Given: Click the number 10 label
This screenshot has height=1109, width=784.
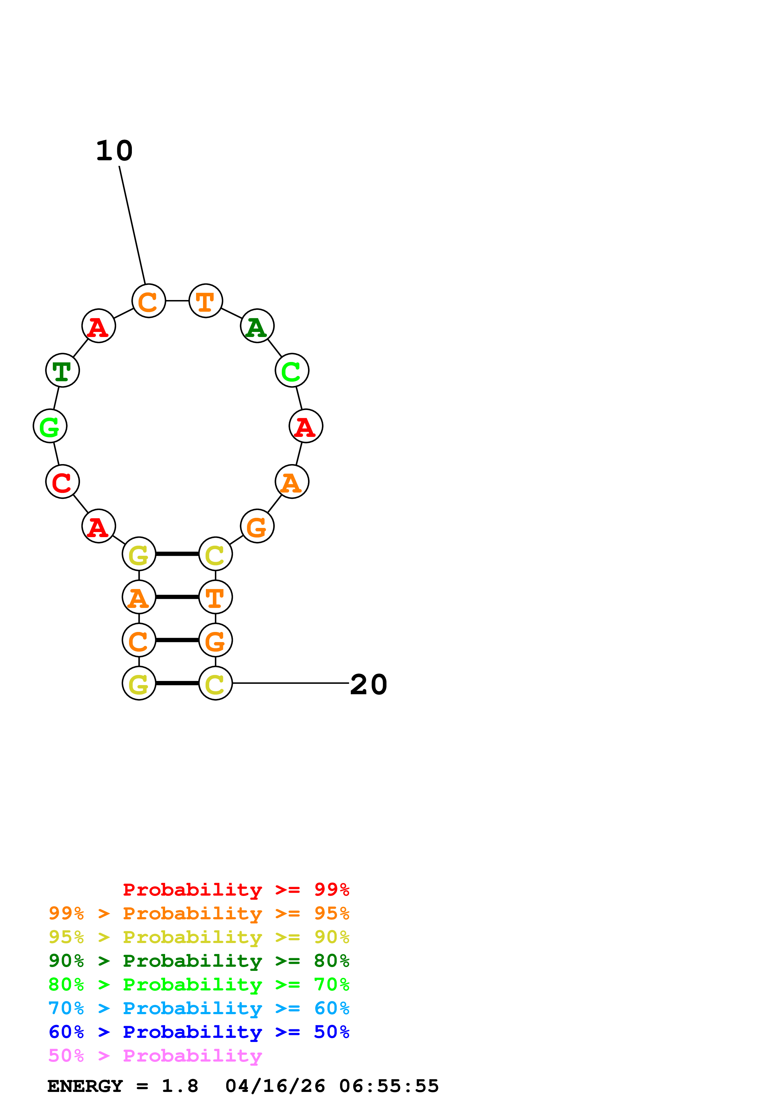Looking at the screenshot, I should tap(114, 151).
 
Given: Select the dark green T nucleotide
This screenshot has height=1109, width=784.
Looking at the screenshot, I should tap(62, 371).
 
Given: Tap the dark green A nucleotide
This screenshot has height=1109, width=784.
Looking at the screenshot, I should tap(257, 326).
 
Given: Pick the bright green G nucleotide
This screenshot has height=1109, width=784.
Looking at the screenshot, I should tap(50, 426).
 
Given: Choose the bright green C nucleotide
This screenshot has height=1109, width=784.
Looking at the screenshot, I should tap(292, 371).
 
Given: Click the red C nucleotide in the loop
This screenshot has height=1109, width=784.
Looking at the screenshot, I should tap(62, 481).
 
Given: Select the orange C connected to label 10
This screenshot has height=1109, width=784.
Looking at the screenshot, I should tap(149, 301).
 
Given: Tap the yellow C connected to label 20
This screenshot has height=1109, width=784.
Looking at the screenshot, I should tap(215, 683).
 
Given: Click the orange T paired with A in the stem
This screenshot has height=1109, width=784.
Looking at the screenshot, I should tap(215, 597).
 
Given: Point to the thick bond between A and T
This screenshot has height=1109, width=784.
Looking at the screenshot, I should tap(177, 597).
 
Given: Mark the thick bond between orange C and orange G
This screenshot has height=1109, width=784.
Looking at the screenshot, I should tap(177, 640).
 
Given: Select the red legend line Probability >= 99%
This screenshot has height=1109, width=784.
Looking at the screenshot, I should tap(236, 890).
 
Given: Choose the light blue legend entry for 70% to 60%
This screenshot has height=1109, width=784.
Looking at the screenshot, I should tap(199, 1008).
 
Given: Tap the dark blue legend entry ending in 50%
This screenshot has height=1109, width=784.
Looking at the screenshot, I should tap(199, 1032).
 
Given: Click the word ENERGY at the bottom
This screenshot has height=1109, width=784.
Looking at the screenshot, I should tap(85, 1086).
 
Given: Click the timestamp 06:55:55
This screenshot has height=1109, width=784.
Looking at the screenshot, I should tap(389, 1086).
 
